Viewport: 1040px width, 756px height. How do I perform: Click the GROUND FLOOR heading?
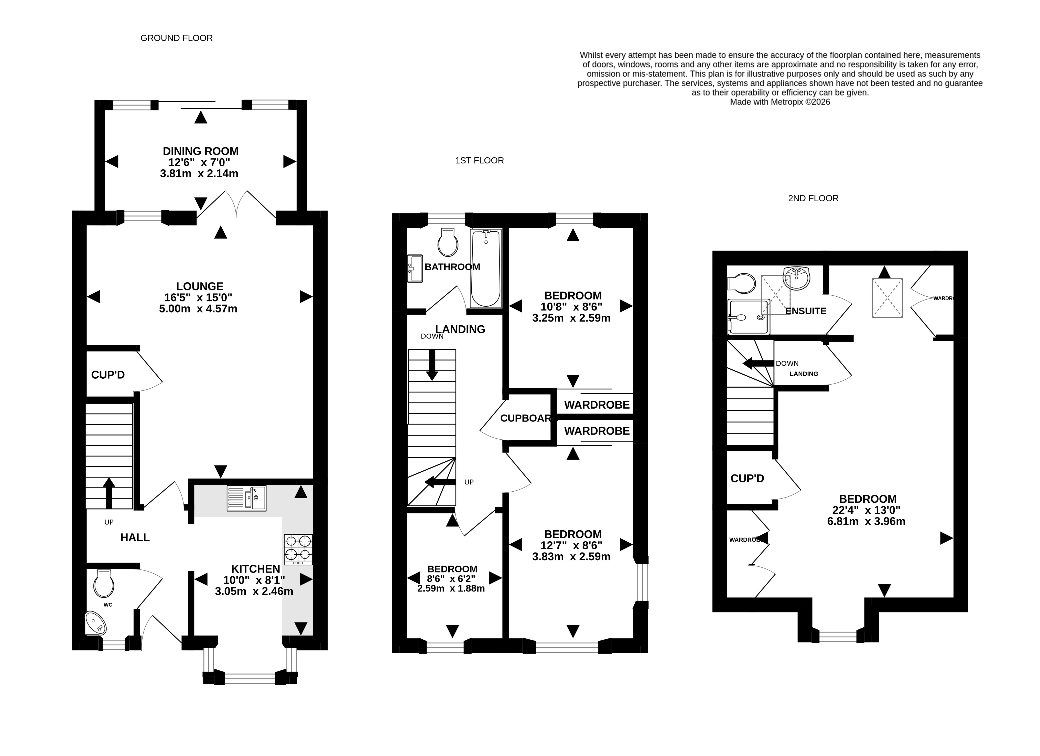pyautogui.click(x=177, y=38)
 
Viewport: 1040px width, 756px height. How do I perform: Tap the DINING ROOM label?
pyautogui.click(x=201, y=151)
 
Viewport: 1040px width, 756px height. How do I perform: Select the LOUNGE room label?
pyautogui.click(x=200, y=286)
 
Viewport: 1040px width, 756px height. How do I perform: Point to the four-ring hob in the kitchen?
pyautogui.click(x=298, y=550)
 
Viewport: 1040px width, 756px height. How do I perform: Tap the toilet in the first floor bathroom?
pyautogui.click(x=448, y=242)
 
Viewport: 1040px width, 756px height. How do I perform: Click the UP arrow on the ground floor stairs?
pyautogui.click(x=109, y=493)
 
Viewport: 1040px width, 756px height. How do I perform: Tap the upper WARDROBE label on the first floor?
pyautogui.click(x=597, y=405)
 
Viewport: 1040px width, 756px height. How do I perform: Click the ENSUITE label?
pyautogui.click(x=806, y=311)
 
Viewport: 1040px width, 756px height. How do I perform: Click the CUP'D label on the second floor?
pyautogui.click(x=747, y=478)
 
